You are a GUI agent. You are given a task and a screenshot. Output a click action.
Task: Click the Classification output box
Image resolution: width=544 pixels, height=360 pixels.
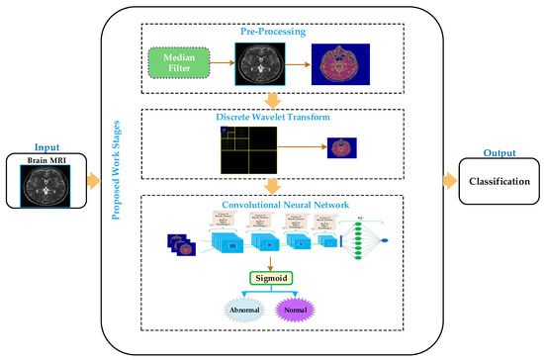point(497,182)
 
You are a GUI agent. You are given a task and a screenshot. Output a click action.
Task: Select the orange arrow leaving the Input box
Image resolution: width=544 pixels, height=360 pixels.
point(94,180)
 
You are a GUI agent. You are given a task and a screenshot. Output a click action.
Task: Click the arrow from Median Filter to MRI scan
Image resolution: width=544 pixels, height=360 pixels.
point(223,65)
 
